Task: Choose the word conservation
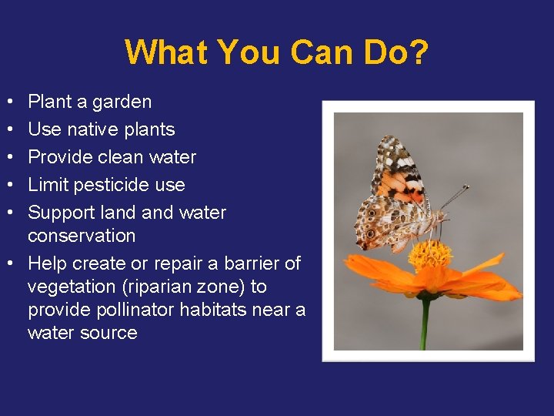pyautogui.click(x=82, y=236)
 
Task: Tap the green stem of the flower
pyautogui.click(x=425, y=324)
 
